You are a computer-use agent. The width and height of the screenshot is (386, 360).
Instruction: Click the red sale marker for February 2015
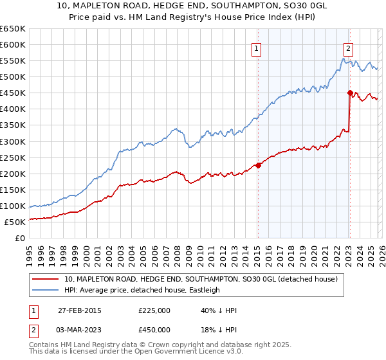258,165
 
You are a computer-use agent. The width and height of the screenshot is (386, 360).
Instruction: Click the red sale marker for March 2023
350,93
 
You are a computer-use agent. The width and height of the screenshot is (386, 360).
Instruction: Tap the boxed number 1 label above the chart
257,47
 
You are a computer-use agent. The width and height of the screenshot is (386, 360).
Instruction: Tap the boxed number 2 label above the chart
348,47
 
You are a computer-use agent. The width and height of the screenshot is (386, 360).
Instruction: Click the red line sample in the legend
46,279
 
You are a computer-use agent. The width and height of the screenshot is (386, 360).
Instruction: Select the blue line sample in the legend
46,290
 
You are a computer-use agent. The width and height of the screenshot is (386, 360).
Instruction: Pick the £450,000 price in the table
154,330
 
